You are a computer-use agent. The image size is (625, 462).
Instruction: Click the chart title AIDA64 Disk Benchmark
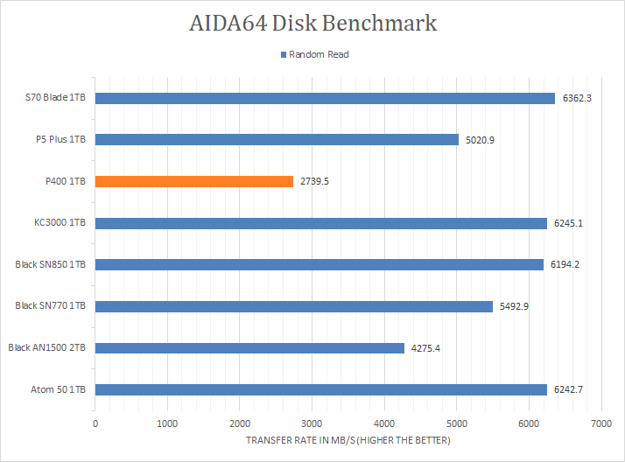pos(312,23)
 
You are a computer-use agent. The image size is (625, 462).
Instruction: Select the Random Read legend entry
pos(314,54)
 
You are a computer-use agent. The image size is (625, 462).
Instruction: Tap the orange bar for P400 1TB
pos(193,181)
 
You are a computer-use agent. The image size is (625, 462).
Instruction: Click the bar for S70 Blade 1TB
pos(324,98)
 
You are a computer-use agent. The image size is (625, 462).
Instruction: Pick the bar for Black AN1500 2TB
pos(249,348)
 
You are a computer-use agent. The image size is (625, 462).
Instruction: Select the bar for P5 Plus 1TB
pos(277,139)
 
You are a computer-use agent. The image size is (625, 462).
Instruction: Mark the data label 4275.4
pos(426,348)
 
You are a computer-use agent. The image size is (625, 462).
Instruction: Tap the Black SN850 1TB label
pos(51,264)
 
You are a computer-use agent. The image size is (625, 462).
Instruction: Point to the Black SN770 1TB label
pos(51,306)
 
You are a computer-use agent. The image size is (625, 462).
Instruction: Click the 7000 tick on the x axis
pos(600,423)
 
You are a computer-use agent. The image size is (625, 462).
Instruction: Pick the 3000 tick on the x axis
pos(312,423)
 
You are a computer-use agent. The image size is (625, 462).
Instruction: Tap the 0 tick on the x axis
pos(95,423)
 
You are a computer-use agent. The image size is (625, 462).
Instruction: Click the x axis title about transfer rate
pos(348,439)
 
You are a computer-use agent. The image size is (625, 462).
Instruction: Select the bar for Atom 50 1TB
pos(320,390)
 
